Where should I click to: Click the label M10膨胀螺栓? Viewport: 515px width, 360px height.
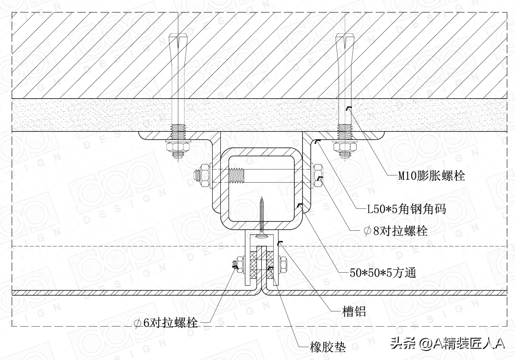click(x=432, y=176)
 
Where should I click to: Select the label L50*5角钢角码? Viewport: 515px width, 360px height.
click(x=406, y=209)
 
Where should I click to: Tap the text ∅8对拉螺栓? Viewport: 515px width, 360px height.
click(x=395, y=231)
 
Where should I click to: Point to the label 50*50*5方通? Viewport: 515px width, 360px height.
click(x=383, y=273)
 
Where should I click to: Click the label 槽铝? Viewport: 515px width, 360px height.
click(x=354, y=312)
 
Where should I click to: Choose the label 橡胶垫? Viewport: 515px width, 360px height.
click(x=328, y=347)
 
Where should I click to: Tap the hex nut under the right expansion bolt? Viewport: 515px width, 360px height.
click(x=345, y=150)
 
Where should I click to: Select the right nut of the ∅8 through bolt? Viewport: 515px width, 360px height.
click(x=318, y=175)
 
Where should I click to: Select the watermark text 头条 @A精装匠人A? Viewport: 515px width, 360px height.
click(x=447, y=343)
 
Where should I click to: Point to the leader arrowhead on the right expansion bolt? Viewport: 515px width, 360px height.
click(x=348, y=109)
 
